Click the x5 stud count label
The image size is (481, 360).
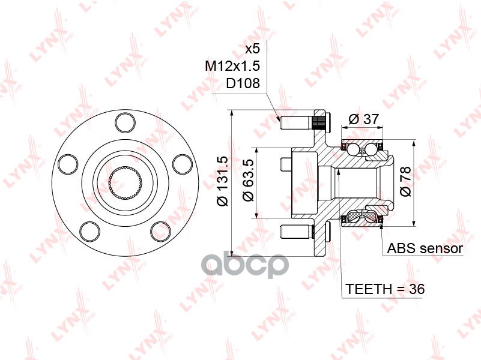[252, 49]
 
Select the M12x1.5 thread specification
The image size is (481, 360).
[232, 66]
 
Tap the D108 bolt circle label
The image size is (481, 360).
[243, 83]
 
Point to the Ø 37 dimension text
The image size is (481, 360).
[364, 119]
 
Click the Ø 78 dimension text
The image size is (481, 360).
[405, 181]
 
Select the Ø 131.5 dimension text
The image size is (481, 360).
[222, 181]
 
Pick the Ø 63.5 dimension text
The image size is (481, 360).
[249, 180]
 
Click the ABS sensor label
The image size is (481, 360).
[425, 248]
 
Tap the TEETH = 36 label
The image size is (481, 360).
[386, 289]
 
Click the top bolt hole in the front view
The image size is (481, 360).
[126, 122]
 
